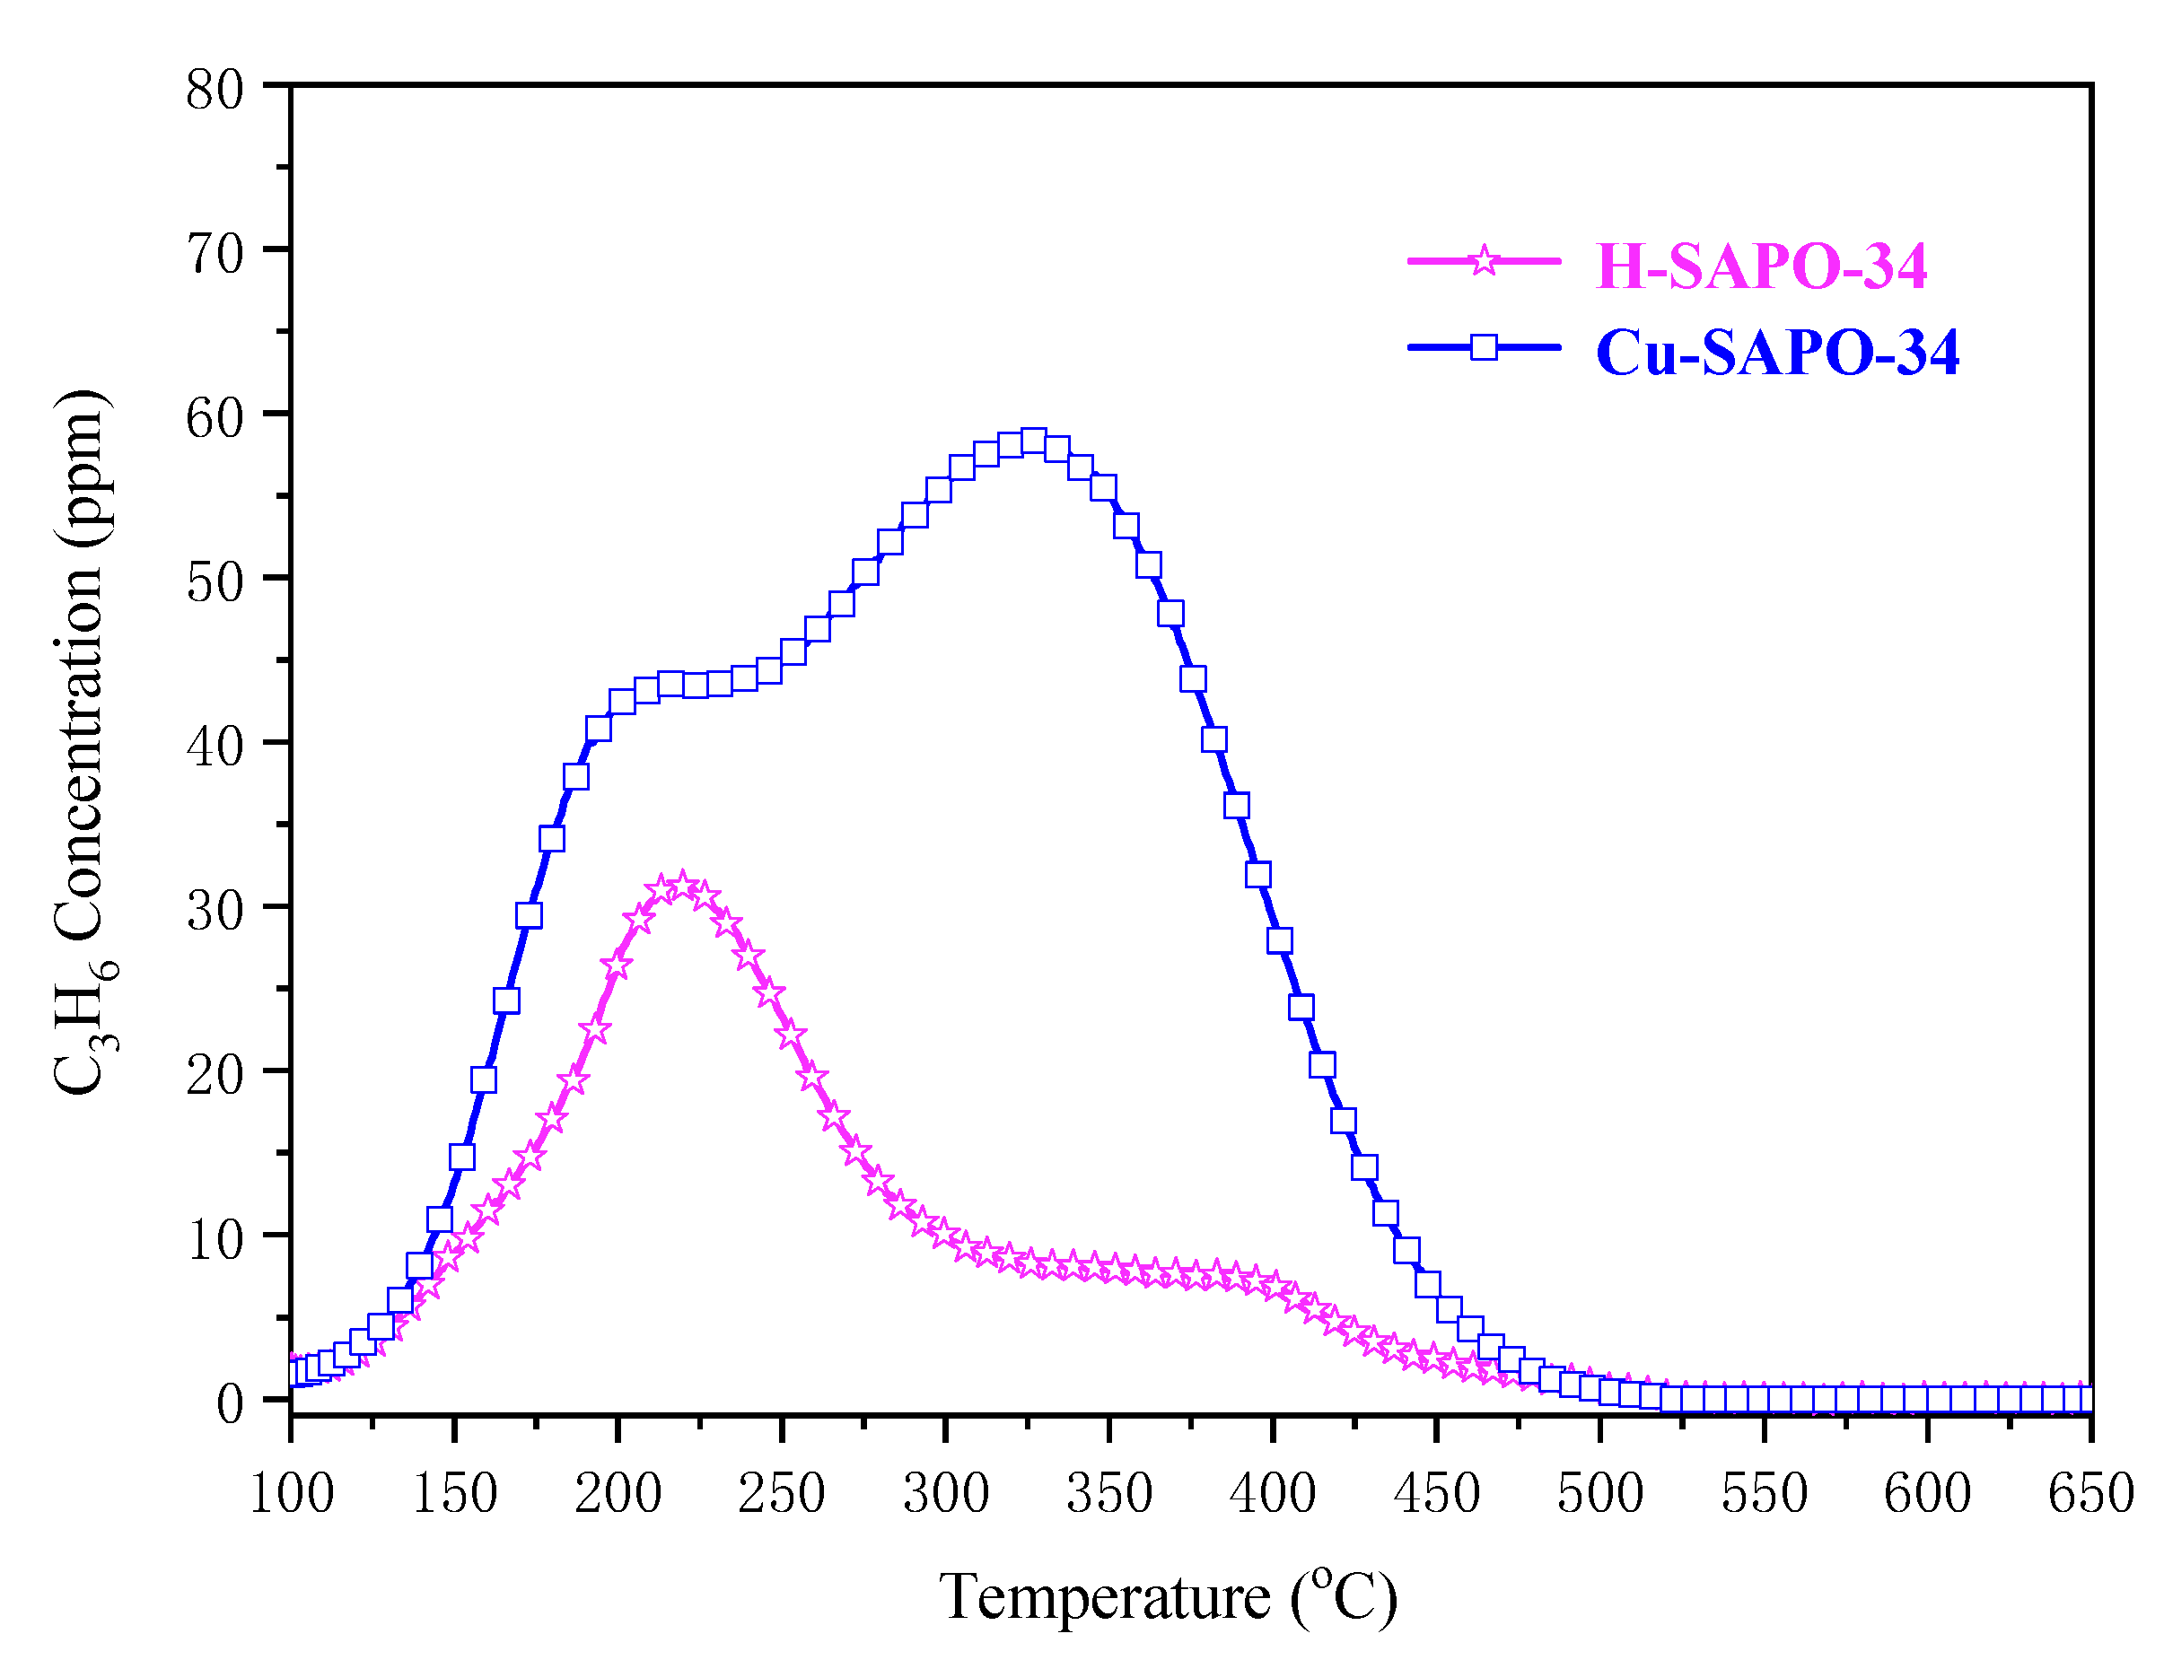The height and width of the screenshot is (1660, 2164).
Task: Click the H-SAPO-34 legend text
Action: coord(1760,266)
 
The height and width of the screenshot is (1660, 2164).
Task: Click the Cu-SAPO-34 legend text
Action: coord(1775,353)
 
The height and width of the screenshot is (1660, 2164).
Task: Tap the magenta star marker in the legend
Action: coord(1482,261)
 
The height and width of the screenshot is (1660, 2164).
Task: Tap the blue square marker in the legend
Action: coord(1482,347)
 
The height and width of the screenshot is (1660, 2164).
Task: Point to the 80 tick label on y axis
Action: coord(215,90)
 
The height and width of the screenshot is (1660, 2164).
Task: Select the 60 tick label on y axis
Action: coord(215,418)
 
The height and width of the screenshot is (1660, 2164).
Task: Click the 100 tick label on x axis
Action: coord(291,1493)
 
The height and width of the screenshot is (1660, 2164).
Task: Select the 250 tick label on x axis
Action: coord(781,1493)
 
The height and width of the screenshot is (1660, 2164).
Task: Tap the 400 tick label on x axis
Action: coord(1272,1493)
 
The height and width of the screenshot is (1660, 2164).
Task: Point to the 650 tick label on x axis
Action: coord(2090,1493)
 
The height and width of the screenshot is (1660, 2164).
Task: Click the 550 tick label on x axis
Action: coord(1763,1493)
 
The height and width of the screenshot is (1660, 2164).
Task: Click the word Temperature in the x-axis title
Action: coord(1104,1597)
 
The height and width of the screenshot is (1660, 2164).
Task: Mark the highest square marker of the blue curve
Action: coord(1034,441)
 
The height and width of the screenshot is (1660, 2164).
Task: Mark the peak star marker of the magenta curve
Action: coord(681,886)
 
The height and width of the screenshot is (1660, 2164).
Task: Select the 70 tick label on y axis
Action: coord(215,254)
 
